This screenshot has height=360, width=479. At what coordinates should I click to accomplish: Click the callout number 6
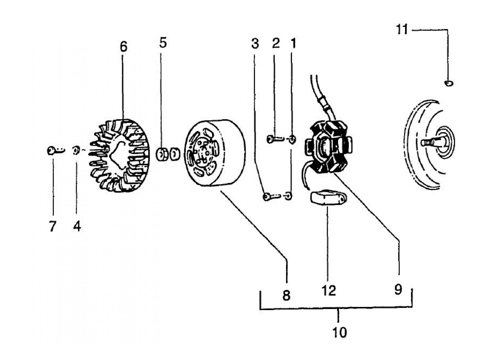point(124,47)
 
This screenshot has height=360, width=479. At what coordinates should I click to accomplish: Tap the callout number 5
point(163,43)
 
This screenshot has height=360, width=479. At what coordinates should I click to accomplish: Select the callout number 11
point(402,30)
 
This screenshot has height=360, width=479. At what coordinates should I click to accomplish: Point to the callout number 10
point(339,332)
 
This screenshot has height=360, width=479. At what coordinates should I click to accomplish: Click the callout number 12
point(328,291)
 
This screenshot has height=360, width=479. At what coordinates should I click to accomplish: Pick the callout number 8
point(286,295)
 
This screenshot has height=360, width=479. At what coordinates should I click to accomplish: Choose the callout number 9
point(398,290)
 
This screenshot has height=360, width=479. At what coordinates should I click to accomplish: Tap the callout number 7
point(52,226)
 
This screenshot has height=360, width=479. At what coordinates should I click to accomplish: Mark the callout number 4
point(77,226)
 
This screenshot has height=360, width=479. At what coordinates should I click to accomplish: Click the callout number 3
point(255,44)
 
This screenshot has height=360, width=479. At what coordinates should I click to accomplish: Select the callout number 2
point(276,43)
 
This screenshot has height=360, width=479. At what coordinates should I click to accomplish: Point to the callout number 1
point(293,43)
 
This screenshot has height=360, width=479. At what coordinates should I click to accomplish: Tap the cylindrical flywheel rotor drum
point(215,153)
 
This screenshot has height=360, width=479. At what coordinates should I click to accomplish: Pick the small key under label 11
point(449,83)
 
